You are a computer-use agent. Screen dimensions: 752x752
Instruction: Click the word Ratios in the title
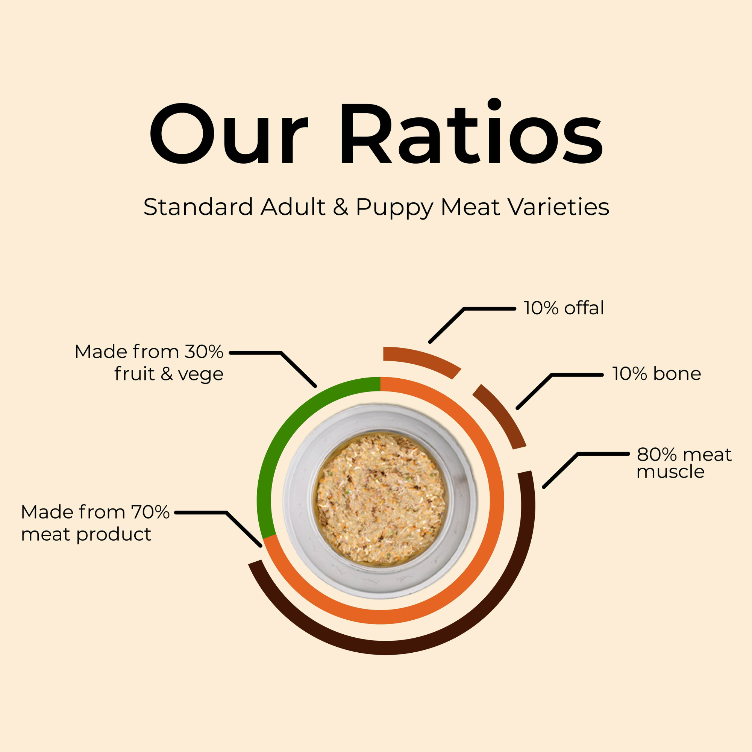pos(472,131)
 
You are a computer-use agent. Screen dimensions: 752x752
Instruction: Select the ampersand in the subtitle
pos(341,207)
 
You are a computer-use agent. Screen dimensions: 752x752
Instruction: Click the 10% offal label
pos(564,308)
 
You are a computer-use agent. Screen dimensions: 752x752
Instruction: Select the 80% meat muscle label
pos(684,463)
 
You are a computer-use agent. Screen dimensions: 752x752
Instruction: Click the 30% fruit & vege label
pos(149,363)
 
